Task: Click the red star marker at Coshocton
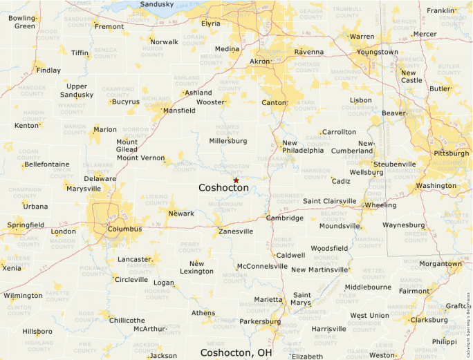(x=236, y=180)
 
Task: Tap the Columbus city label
(x=124, y=229)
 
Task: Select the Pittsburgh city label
(x=451, y=153)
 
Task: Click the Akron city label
(x=260, y=61)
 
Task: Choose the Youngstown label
(x=378, y=52)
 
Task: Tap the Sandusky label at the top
(x=157, y=4)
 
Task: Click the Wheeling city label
(x=380, y=205)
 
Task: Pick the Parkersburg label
(x=259, y=321)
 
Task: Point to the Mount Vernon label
(x=140, y=158)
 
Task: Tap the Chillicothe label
(x=127, y=321)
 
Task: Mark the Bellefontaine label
(x=46, y=164)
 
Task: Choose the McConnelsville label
(x=261, y=266)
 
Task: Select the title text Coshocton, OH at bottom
(x=236, y=352)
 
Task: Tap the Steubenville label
(x=395, y=164)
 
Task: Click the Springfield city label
(x=26, y=225)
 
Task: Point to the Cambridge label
(x=285, y=218)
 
